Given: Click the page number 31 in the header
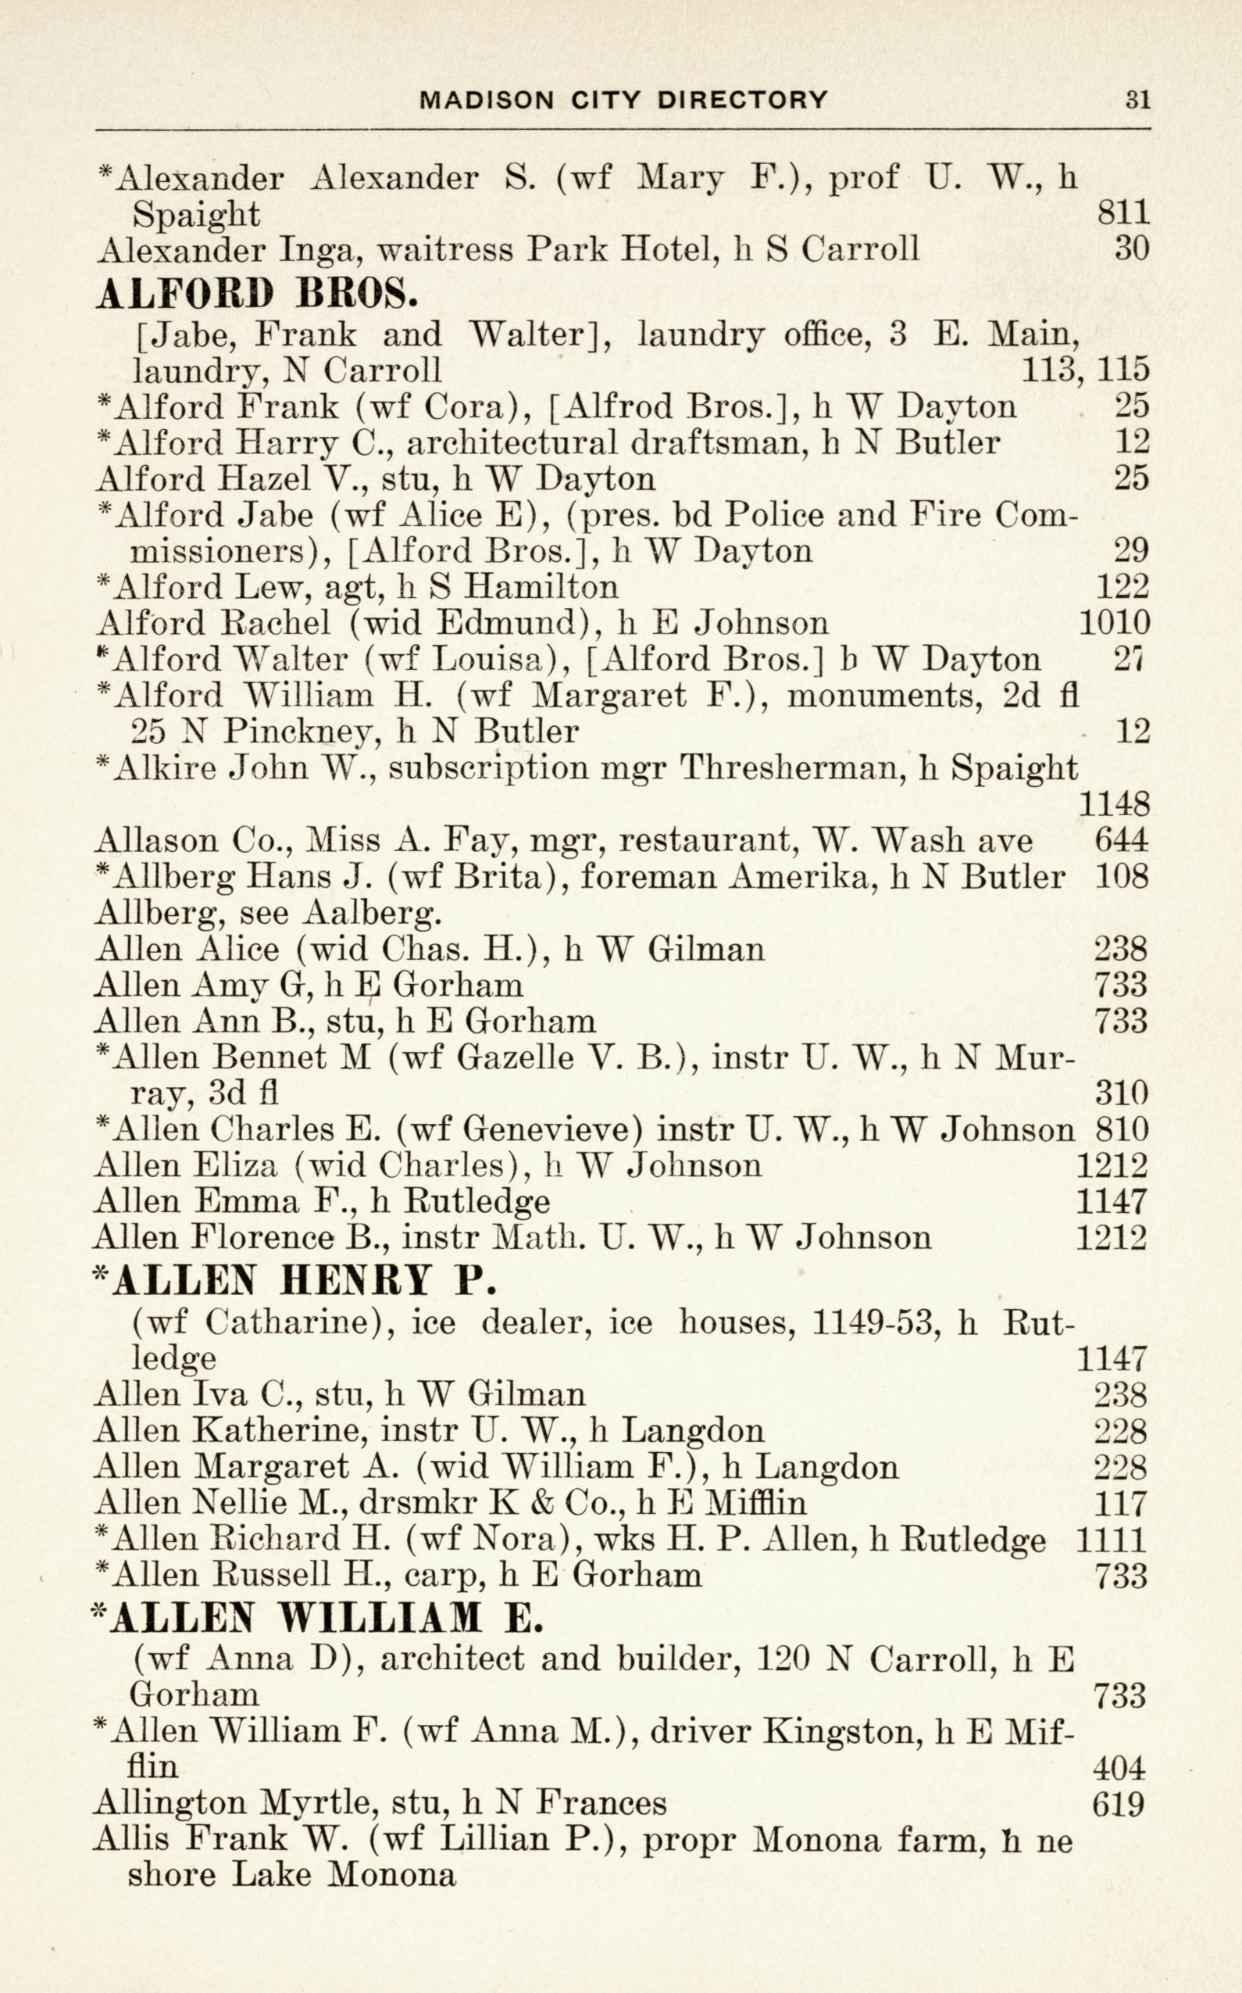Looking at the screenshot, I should pyautogui.click(x=1137, y=100).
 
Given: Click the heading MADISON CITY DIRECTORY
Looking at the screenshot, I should pyautogui.click(x=623, y=100).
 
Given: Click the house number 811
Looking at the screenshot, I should pyautogui.click(x=1123, y=213).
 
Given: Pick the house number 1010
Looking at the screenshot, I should pyautogui.click(x=1113, y=623).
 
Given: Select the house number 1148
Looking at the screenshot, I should pyautogui.click(x=1113, y=803).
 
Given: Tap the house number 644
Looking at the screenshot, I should pyautogui.click(x=1121, y=840).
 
